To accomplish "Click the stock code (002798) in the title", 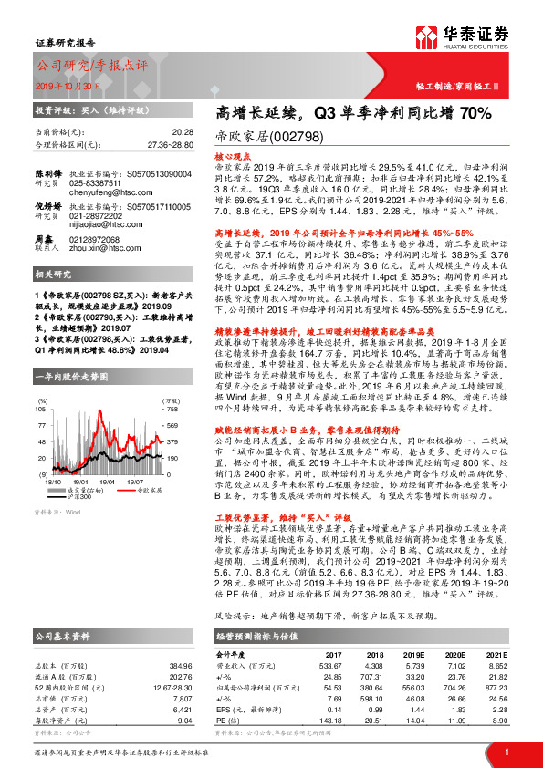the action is click(279, 133).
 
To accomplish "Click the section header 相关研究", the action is click(55, 300).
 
